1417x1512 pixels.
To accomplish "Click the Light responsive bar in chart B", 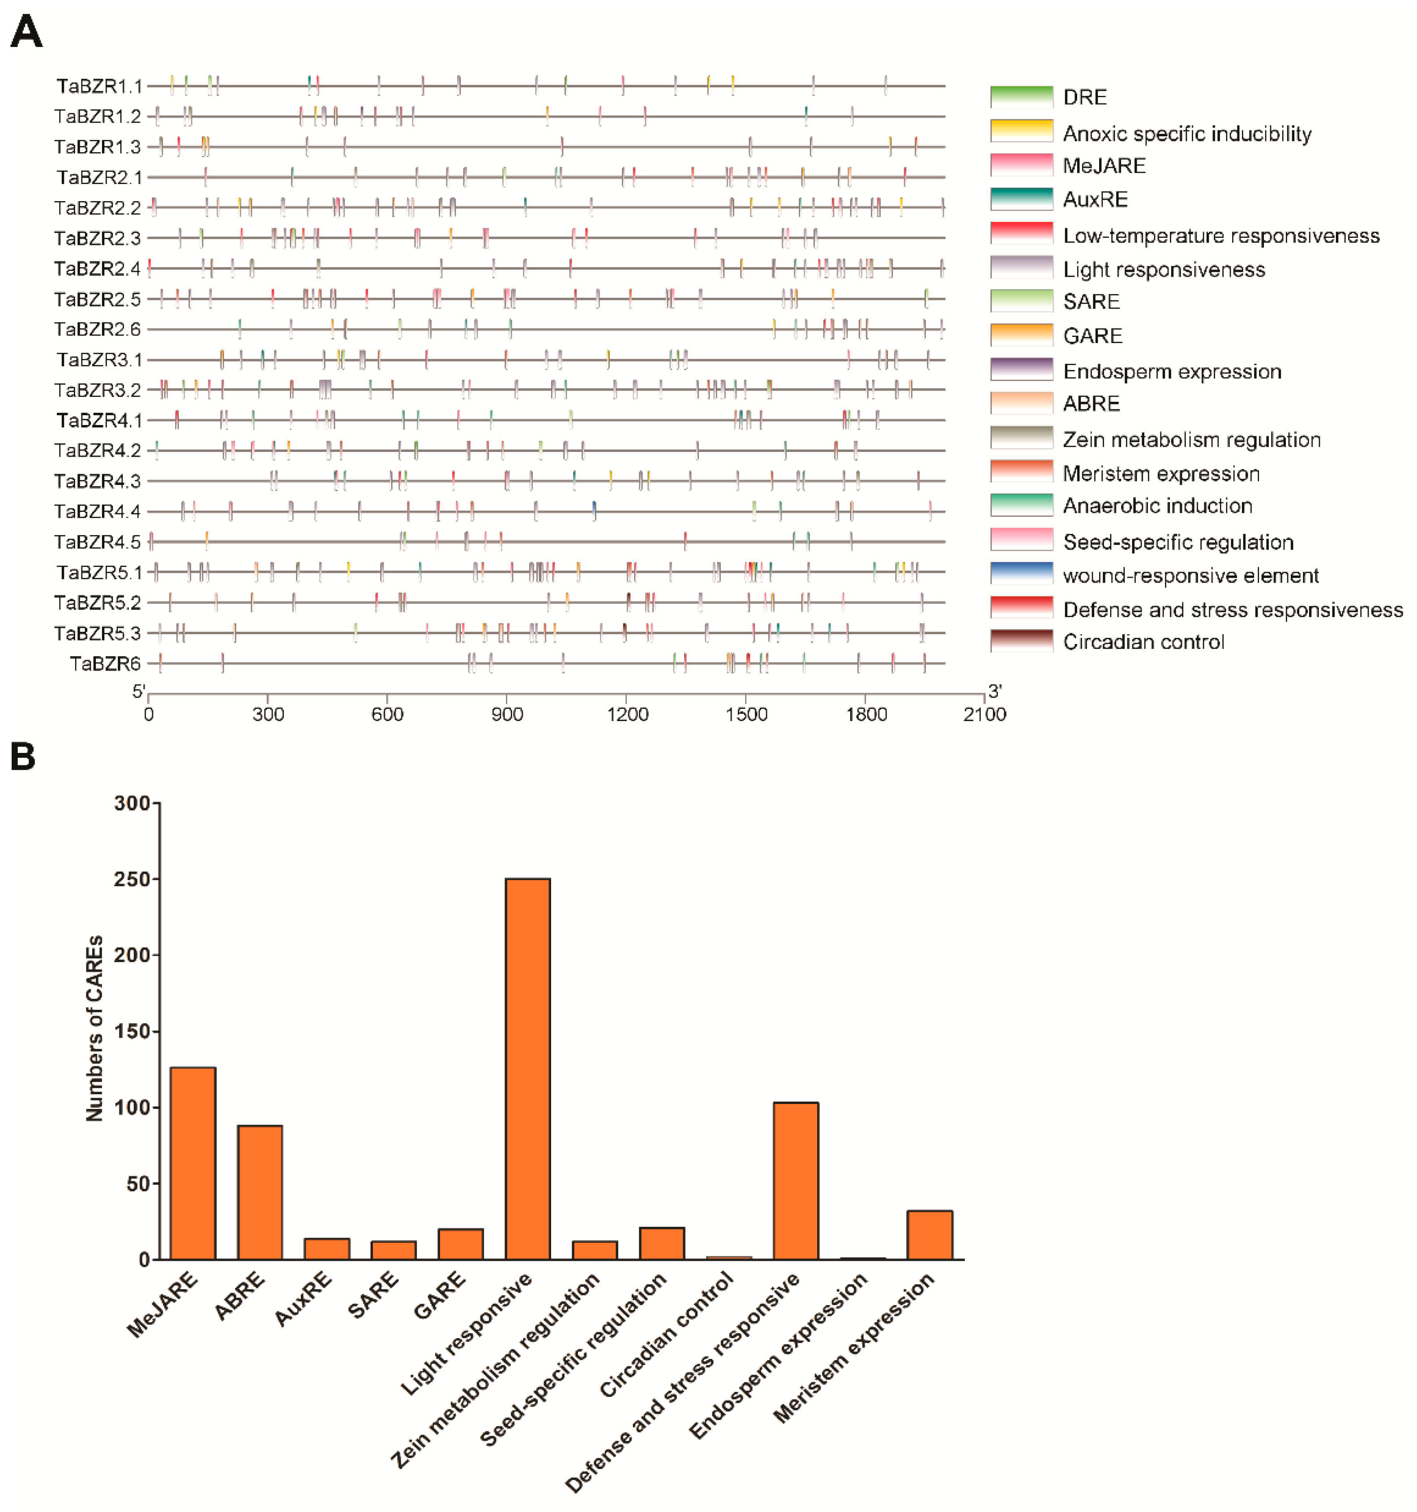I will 527,1069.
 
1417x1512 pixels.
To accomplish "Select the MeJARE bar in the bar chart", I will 193,1163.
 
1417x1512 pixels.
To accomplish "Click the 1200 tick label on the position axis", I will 627,714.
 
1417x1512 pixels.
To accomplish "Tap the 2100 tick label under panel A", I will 985,714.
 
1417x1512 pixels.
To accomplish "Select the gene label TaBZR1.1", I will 99,86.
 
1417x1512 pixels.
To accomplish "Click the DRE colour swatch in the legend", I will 1021,97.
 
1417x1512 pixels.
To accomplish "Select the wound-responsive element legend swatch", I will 1021,573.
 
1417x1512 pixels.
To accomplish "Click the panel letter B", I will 23,757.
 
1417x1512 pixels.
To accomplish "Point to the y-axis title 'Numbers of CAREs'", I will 94,1028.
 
